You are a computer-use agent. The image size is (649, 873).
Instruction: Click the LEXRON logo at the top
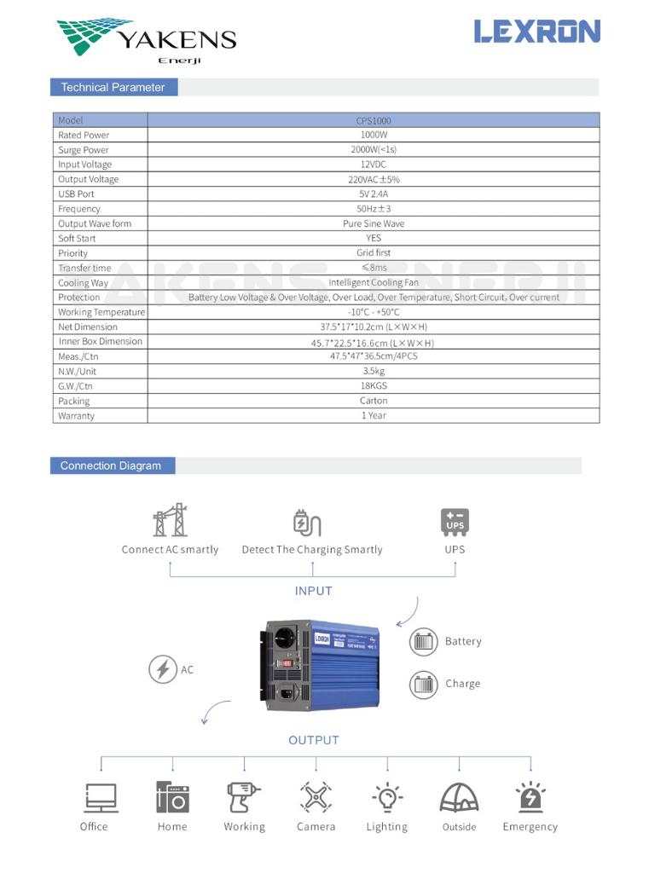tap(537, 32)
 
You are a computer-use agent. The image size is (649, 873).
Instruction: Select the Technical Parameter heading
tap(113, 87)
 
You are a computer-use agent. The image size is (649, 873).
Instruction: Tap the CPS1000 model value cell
tap(374, 120)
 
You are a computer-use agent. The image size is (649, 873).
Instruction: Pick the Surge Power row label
tap(84, 150)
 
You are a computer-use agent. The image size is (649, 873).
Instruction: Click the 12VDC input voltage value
tap(374, 165)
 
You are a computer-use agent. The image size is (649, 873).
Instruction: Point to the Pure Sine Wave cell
tap(374, 223)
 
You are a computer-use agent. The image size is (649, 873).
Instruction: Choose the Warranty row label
tap(77, 416)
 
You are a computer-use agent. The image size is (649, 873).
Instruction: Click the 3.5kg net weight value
tap(374, 371)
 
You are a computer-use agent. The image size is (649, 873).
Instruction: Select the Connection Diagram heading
tap(111, 465)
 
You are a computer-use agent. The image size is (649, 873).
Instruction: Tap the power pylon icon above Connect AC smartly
tap(170, 520)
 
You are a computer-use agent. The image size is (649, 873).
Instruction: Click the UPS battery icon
tap(455, 521)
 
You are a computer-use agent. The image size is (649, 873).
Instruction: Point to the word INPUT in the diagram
tap(313, 591)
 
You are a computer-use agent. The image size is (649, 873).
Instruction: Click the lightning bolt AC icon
tap(162, 669)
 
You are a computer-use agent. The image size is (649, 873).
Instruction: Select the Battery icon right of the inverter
tap(424, 641)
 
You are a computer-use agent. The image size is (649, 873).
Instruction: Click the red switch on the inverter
tap(289, 662)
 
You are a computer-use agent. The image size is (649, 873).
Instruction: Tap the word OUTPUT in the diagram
tap(313, 740)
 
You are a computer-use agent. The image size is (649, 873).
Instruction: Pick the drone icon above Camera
tap(316, 797)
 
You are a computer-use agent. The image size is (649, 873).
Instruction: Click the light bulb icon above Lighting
tap(387, 797)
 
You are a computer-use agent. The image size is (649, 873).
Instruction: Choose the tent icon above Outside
tap(459, 797)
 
